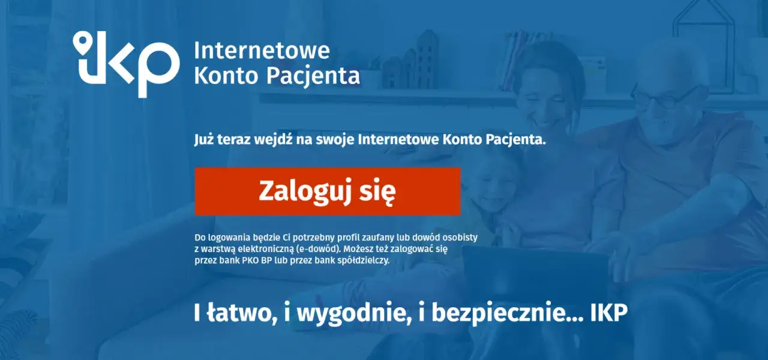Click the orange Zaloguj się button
(x=328, y=191)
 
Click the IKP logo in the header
(x=126, y=63)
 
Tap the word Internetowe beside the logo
(x=262, y=50)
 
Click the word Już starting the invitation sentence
(x=205, y=140)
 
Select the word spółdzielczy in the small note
(x=360, y=260)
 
